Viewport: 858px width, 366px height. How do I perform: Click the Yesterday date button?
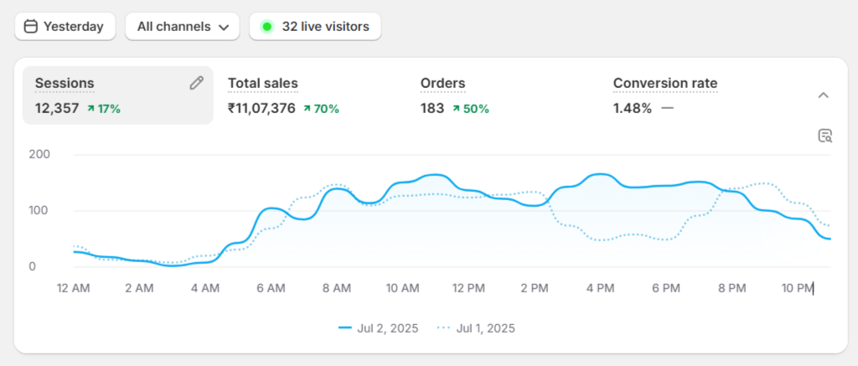[x=65, y=27]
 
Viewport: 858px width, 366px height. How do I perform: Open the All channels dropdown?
[x=182, y=27]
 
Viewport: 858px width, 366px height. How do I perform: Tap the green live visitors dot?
[x=266, y=27]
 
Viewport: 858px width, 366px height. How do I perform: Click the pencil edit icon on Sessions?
[x=196, y=82]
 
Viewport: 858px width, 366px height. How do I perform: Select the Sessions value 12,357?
[x=56, y=108]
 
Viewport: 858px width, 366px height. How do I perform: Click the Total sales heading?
[x=262, y=83]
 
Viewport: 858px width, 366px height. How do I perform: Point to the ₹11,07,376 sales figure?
[x=261, y=108]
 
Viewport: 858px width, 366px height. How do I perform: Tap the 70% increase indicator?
[x=322, y=108]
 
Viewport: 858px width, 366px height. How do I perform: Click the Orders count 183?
[x=432, y=108]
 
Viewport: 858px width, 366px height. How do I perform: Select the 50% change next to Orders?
[x=471, y=108]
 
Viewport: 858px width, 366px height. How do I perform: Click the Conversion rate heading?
[x=664, y=83]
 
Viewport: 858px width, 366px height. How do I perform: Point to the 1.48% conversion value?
[x=632, y=108]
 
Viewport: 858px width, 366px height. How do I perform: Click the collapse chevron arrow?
[x=823, y=95]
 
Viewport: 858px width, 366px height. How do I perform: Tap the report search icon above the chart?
[x=824, y=136]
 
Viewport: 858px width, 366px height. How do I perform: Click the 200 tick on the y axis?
[x=40, y=154]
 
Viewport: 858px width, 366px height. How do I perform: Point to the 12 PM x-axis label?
[x=468, y=288]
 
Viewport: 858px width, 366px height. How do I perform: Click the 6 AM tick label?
[x=271, y=288]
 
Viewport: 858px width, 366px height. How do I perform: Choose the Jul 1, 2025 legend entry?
[x=478, y=328]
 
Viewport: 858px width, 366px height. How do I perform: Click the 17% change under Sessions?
[x=104, y=108]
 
